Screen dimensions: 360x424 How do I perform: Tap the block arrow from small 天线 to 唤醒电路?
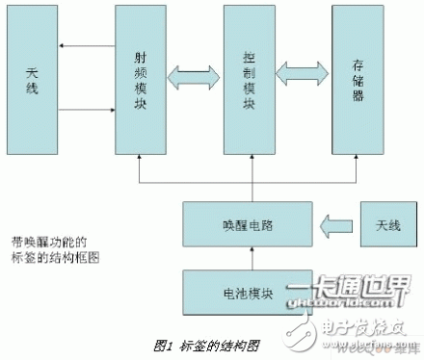click(336, 225)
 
